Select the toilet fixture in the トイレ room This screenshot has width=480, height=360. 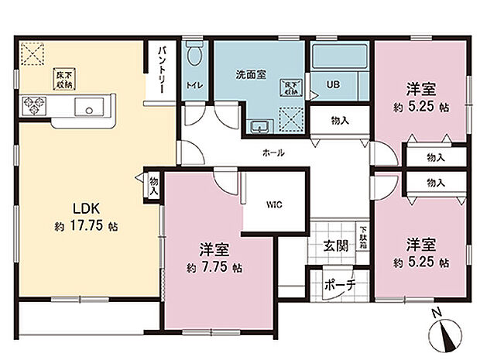[194, 57]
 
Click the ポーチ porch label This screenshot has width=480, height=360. [339, 284]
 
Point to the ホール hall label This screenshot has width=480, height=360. [273, 153]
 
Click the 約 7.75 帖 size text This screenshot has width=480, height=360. [214, 267]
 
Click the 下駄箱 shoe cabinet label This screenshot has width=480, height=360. [362, 234]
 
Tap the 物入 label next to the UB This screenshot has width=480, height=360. [340, 120]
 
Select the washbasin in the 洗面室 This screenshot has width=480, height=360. [259, 126]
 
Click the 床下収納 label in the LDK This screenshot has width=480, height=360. [63, 79]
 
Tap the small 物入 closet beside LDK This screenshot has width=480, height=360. [153, 185]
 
